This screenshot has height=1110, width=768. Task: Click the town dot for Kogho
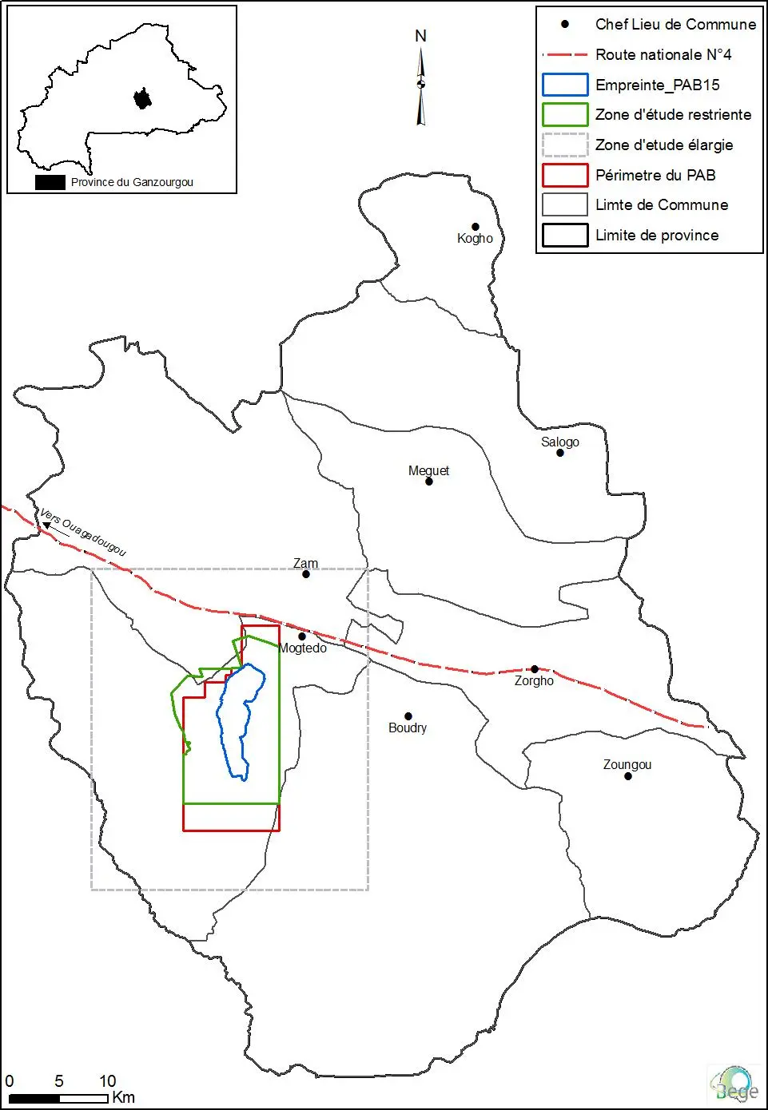(475, 227)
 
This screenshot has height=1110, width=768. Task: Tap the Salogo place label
(559, 442)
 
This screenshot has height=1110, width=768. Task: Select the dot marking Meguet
(428, 482)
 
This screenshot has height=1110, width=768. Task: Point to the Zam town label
(305, 563)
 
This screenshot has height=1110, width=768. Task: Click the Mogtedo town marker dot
(302, 636)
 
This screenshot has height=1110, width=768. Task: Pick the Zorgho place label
(534, 681)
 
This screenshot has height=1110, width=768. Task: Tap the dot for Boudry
(408, 716)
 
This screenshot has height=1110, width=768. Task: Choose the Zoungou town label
(627, 764)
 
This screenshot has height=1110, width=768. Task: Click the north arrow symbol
(421, 84)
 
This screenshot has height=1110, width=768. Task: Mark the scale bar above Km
(58, 1099)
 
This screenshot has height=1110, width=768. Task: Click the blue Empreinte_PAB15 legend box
(565, 85)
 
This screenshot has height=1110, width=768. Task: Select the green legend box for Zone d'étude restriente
(565, 115)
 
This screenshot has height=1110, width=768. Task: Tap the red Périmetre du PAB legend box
(565, 175)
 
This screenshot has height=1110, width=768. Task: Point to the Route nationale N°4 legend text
(663, 54)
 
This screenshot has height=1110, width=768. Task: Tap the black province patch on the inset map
(142, 99)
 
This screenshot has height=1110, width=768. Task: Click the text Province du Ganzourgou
(132, 182)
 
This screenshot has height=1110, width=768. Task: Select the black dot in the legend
(565, 25)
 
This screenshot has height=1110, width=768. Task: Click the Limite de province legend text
(657, 235)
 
